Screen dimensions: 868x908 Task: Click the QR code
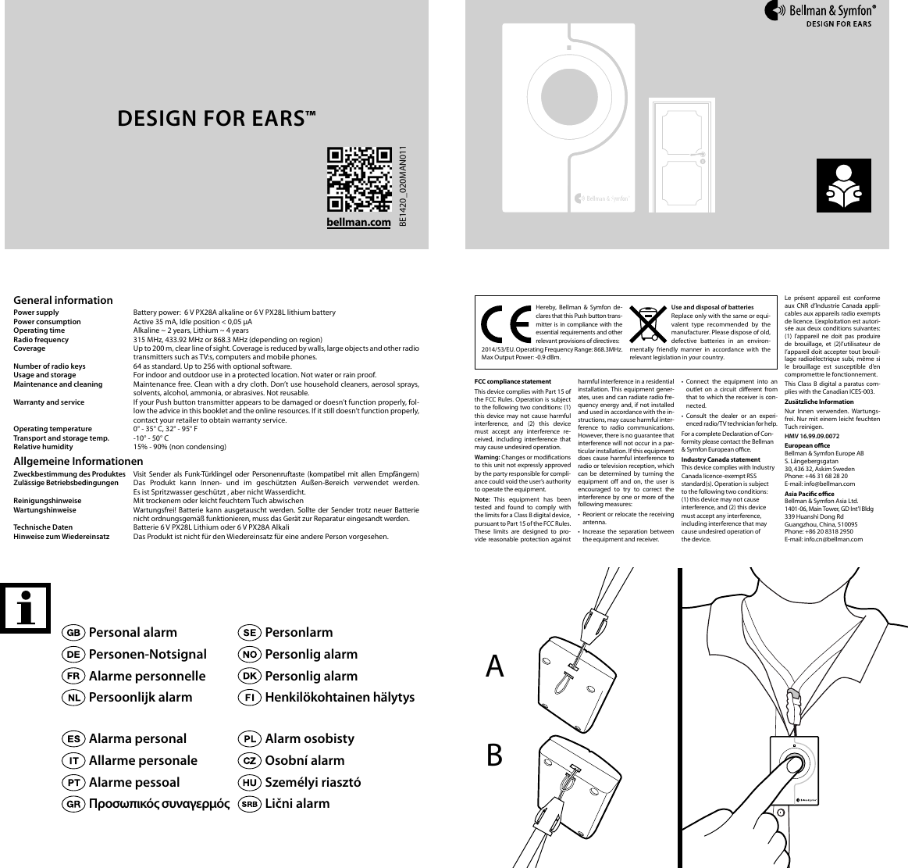pos(358,179)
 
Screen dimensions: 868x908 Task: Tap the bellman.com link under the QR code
pos(358,223)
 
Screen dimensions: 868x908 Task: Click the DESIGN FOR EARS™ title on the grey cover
pos(216,119)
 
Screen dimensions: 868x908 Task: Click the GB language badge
pos(74,632)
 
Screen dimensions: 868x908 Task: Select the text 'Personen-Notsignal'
pos(148,654)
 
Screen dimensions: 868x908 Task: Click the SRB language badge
pos(249,803)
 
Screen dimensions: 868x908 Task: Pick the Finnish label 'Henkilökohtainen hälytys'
pos(340,697)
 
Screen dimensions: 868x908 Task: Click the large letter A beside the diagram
pos(495,666)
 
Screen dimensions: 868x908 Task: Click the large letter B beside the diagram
pos(494,755)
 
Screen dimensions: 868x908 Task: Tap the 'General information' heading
pos(63,300)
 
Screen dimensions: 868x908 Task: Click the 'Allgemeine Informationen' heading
pos(78,462)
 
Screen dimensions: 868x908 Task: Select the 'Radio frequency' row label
pos(41,340)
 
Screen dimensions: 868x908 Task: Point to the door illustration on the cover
pos(681,155)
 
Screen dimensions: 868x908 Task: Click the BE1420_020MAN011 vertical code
pos(404,188)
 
